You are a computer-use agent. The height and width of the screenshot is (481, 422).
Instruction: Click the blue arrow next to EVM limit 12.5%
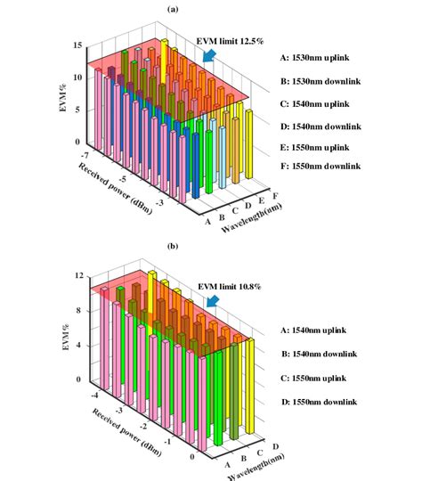click(x=210, y=56)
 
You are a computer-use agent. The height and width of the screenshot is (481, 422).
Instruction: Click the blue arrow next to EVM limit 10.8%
click(x=211, y=302)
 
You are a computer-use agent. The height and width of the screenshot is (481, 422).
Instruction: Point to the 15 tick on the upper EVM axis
click(x=78, y=45)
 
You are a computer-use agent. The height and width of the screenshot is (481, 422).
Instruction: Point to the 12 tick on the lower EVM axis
click(x=78, y=277)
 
